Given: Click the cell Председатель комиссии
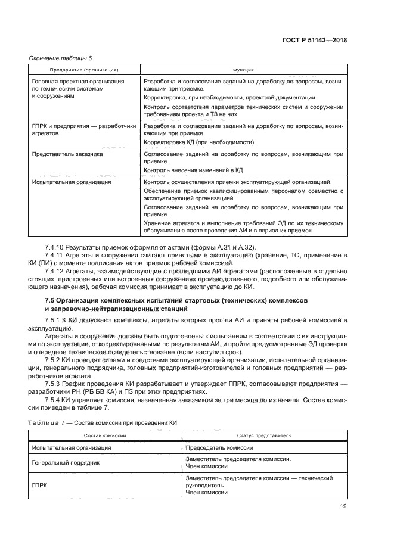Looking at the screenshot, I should click(x=219, y=447).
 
